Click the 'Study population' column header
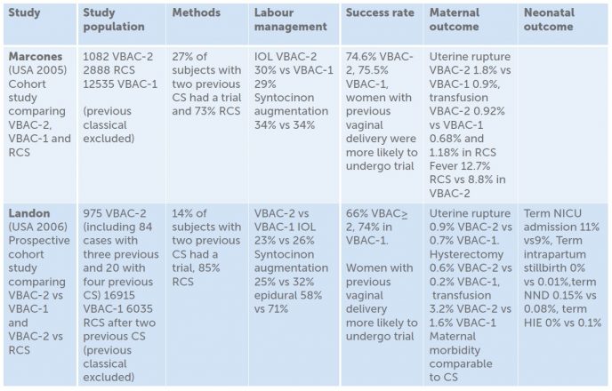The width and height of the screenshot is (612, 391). (114, 20)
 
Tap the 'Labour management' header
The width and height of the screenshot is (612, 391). (290, 20)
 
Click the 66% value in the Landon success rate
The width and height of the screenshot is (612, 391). (357, 214)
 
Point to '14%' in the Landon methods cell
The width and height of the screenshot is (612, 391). (184, 214)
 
